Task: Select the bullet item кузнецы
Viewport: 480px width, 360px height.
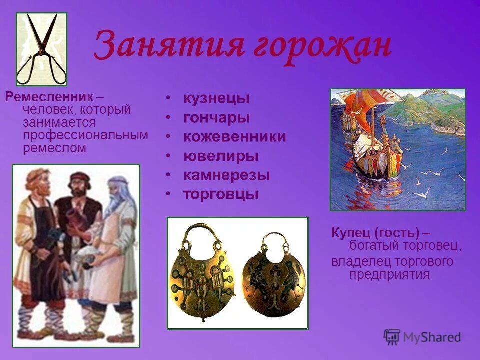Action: coord(216,98)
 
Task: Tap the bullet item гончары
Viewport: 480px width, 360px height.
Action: coord(216,118)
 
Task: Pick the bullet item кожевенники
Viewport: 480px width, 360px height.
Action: coord(234,137)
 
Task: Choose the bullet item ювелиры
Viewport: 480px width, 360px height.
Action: coord(220,156)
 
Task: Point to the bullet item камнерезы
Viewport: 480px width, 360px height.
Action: coord(226,175)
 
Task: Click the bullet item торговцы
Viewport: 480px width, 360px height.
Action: coord(220,194)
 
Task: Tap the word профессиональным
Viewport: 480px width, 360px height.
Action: coord(85,135)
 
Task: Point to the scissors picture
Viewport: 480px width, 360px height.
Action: coord(41,49)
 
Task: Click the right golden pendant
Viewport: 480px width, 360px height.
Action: coord(273,278)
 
